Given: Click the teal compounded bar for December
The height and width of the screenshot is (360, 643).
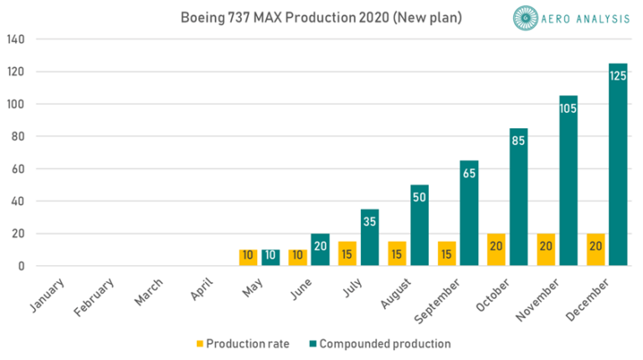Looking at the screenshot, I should (x=618, y=165).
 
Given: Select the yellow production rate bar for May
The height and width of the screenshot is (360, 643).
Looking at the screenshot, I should (x=249, y=258).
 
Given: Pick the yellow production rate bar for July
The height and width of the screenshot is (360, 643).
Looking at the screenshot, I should (x=347, y=254).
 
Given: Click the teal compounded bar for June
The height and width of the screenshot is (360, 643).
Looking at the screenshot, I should (x=320, y=250).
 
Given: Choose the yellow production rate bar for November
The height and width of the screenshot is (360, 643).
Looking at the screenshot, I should (x=546, y=250).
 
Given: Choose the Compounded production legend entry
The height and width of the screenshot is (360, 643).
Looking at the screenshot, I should (x=381, y=343).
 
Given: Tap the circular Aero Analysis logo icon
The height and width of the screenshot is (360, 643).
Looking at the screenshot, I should (x=524, y=18).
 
